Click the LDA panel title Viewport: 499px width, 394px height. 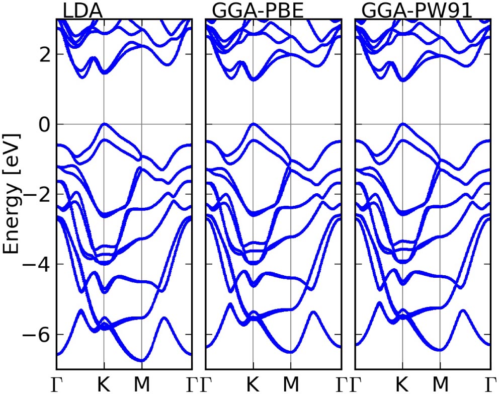(82, 11)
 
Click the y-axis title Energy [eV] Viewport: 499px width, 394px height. (12, 194)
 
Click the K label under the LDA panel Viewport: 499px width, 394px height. (104, 383)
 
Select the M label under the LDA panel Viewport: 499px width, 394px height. (141, 383)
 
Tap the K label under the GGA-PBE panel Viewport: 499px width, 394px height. (253, 383)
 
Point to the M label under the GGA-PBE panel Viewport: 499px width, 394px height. (290, 383)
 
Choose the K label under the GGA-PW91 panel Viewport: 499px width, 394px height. (402, 383)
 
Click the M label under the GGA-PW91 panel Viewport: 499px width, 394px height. (439, 383)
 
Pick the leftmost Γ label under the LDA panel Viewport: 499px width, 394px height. (57, 383)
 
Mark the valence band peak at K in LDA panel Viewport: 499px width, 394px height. (104, 124)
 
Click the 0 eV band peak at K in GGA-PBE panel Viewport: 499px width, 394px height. (253, 124)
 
